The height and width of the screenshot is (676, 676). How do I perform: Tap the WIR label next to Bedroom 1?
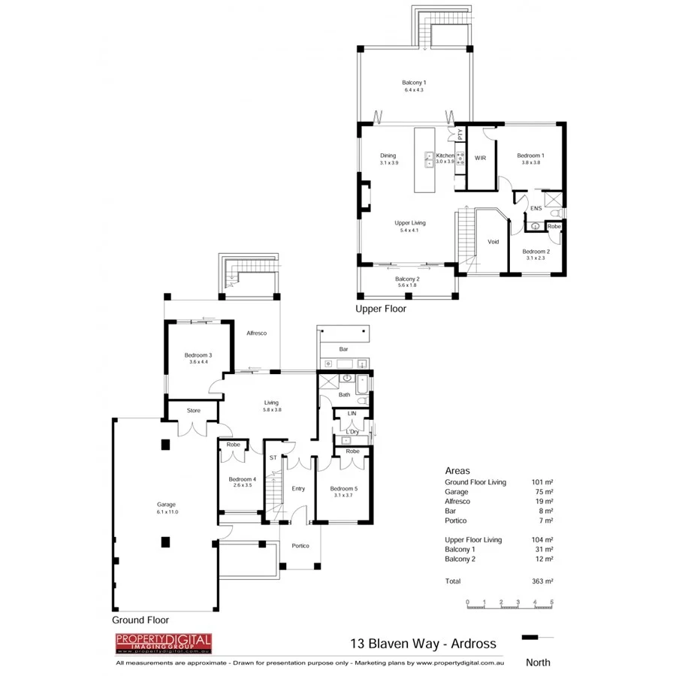point(481,158)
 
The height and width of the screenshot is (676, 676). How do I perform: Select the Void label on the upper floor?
point(493,242)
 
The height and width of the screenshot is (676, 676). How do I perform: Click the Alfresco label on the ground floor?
point(257,333)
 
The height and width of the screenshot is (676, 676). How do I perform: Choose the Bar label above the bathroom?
point(343,349)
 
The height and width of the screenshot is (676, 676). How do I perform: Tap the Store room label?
point(193,411)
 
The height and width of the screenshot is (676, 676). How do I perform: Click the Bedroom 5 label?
point(343,492)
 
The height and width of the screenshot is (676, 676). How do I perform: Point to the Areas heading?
point(457,471)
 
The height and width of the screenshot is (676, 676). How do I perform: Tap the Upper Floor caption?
point(380,308)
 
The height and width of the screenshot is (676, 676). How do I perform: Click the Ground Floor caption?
point(140,620)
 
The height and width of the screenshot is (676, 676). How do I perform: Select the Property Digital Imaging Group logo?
point(163,643)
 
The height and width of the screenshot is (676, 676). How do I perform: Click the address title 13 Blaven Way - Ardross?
point(424,644)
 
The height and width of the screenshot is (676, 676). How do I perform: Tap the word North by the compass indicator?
point(538,662)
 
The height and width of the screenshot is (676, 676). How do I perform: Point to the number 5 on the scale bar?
point(552,602)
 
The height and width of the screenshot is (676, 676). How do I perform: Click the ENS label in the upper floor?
point(536,208)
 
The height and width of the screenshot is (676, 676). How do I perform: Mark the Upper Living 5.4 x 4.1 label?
point(411,226)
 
